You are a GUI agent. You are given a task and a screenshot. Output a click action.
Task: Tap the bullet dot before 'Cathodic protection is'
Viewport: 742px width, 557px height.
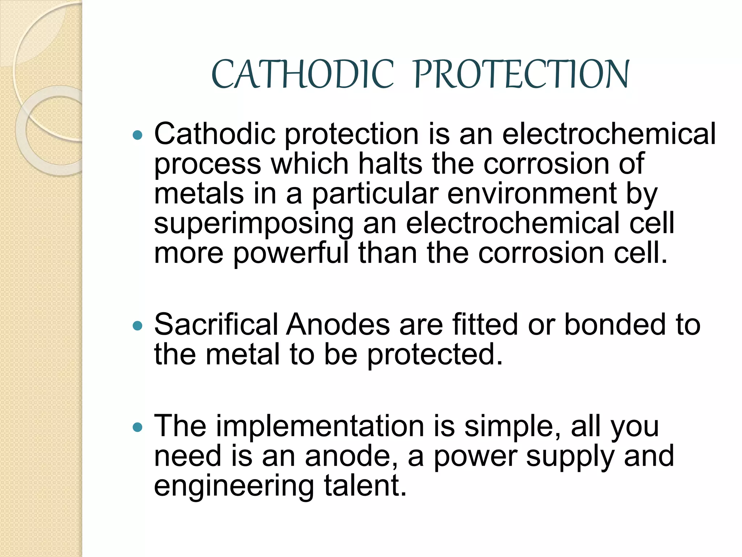pos(138,136)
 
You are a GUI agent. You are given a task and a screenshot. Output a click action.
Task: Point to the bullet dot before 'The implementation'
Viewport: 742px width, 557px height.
pos(138,428)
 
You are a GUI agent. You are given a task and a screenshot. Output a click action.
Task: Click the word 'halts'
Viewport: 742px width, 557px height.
pos(390,163)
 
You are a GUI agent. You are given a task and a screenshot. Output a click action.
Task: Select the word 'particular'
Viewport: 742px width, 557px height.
pos(375,194)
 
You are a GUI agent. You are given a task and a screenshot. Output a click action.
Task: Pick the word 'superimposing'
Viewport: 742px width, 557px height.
pos(254,224)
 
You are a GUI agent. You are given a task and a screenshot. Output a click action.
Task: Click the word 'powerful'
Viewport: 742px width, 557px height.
pos(291,253)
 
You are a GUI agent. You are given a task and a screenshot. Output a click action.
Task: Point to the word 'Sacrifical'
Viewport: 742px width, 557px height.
pos(216,324)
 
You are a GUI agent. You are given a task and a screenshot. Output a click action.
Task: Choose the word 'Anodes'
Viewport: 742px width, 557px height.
pos(338,324)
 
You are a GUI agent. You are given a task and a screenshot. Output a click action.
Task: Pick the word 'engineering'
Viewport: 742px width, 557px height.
pos(234,486)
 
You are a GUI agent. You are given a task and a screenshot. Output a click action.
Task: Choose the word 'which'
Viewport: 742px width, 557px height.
pos(310,163)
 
